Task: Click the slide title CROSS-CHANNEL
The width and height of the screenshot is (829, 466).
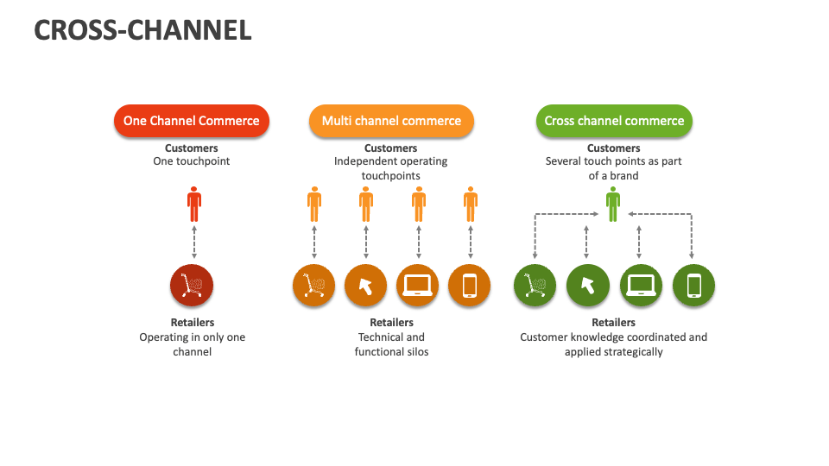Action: pos(142,30)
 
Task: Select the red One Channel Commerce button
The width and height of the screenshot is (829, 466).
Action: pos(192,121)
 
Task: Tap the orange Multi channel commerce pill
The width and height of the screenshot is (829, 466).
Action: pos(391,121)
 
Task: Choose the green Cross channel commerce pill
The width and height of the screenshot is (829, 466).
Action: pos(614,121)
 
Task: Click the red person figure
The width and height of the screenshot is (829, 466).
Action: pos(194,205)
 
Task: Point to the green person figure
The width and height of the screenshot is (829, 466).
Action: pos(613,205)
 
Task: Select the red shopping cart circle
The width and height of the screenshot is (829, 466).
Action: pos(192,285)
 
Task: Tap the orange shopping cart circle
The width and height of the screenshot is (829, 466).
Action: pos(313,285)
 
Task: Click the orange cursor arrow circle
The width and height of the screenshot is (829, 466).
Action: pos(365,285)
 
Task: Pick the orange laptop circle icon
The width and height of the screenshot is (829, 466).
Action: pos(418,285)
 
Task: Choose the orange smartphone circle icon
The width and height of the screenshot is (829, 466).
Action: pos(469,285)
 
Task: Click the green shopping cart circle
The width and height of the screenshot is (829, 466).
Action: pos(535,285)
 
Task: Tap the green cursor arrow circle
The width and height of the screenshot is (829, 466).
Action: pos(587,285)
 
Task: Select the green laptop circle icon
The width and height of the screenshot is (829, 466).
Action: pos(641,285)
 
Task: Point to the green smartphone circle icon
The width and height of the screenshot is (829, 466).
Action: pos(693,285)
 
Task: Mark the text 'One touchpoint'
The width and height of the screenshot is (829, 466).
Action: pos(192,161)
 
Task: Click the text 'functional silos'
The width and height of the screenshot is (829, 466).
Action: pos(391,352)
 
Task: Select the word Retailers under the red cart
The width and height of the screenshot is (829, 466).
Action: pos(192,323)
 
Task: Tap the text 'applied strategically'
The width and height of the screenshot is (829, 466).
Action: pos(613,352)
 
